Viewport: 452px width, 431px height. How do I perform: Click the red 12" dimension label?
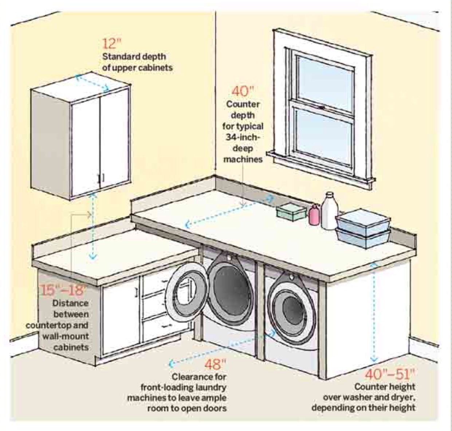pyautogui.click(x=111, y=44)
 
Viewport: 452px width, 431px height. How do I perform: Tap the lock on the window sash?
pyautogui.click(x=322, y=107)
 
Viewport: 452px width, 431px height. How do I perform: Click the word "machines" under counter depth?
pyautogui.click(x=243, y=160)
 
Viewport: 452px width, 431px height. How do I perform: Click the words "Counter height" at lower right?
pyautogui.click(x=385, y=387)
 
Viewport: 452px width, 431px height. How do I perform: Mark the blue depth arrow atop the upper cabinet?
pyautogui.click(x=92, y=82)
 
